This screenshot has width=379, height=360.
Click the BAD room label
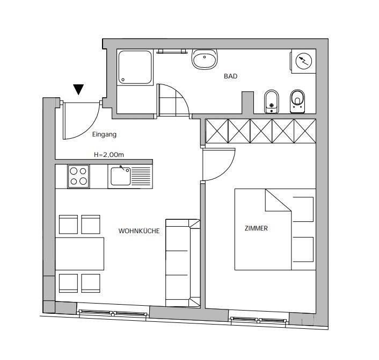[231, 76]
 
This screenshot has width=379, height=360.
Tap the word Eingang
[104, 134]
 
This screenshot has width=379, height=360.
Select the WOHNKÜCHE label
[139, 231]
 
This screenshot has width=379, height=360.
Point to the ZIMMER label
[256, 228]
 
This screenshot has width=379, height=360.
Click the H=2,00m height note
[109, 155]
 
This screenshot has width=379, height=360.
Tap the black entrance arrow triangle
[78, 89]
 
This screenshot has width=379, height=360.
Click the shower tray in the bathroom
[135, 67]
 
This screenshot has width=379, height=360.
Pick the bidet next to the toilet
[272, 102]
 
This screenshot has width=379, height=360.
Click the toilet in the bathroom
[297, 102]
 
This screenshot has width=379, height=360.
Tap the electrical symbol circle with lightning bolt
[304, 61]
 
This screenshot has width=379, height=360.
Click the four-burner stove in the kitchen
[78, 176]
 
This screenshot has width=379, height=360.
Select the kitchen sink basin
[121, 176]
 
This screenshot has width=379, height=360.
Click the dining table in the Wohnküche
[79, 254]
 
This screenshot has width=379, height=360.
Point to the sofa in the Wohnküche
[183, 263]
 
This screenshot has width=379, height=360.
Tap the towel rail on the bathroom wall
[172, 51]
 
